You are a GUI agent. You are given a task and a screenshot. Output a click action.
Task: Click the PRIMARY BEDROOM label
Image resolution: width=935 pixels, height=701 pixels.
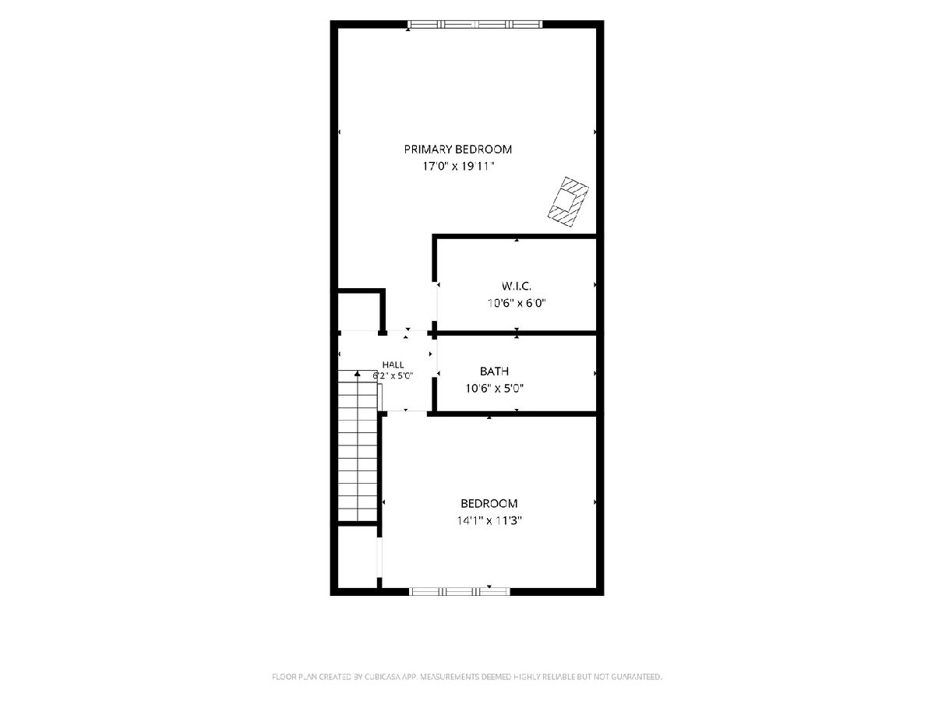pos(458,150)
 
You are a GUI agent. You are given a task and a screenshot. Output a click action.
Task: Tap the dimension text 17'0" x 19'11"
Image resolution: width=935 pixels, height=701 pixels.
pos(458,166)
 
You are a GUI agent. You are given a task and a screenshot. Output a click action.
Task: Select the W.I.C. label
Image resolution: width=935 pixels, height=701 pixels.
pos(517,286)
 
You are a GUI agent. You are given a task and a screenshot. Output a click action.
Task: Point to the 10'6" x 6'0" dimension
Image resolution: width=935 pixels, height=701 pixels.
pos(517,303)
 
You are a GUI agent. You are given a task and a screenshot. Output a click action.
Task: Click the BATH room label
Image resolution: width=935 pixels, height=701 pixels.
pos(494,372)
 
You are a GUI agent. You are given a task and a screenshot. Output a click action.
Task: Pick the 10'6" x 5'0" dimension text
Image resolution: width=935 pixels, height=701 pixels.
pos(494,388)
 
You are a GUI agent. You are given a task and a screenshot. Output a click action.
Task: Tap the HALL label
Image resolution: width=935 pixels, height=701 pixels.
pos(393,365)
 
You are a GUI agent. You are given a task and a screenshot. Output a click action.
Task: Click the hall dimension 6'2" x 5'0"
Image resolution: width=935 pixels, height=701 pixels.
pos(393,376)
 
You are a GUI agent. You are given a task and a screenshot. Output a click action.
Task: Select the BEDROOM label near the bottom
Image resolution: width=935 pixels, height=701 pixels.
pos(489,503)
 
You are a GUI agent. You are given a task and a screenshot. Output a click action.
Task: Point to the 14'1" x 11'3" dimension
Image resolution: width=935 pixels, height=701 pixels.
pos(489,520)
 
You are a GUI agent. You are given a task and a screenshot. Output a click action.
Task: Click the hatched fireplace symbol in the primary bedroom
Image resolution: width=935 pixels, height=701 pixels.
pos(568,201)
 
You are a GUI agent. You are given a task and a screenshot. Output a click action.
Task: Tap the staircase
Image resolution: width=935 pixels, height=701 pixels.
pos(358,446)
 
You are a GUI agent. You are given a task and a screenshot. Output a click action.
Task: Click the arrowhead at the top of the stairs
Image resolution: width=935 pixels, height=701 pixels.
pos(358,374)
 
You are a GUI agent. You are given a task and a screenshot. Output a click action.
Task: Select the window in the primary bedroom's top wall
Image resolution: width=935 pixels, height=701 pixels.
pos(475,24)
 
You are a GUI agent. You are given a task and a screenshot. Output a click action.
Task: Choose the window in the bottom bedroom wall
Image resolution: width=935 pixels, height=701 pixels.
pos(460,592)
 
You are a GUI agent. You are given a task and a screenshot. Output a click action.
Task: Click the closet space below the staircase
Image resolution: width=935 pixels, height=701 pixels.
pos(358,556)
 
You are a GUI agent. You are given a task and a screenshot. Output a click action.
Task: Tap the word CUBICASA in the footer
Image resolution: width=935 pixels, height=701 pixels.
pos(382,676)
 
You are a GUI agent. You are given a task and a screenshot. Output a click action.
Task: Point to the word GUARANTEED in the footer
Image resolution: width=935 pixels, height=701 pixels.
pos(637,676)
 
